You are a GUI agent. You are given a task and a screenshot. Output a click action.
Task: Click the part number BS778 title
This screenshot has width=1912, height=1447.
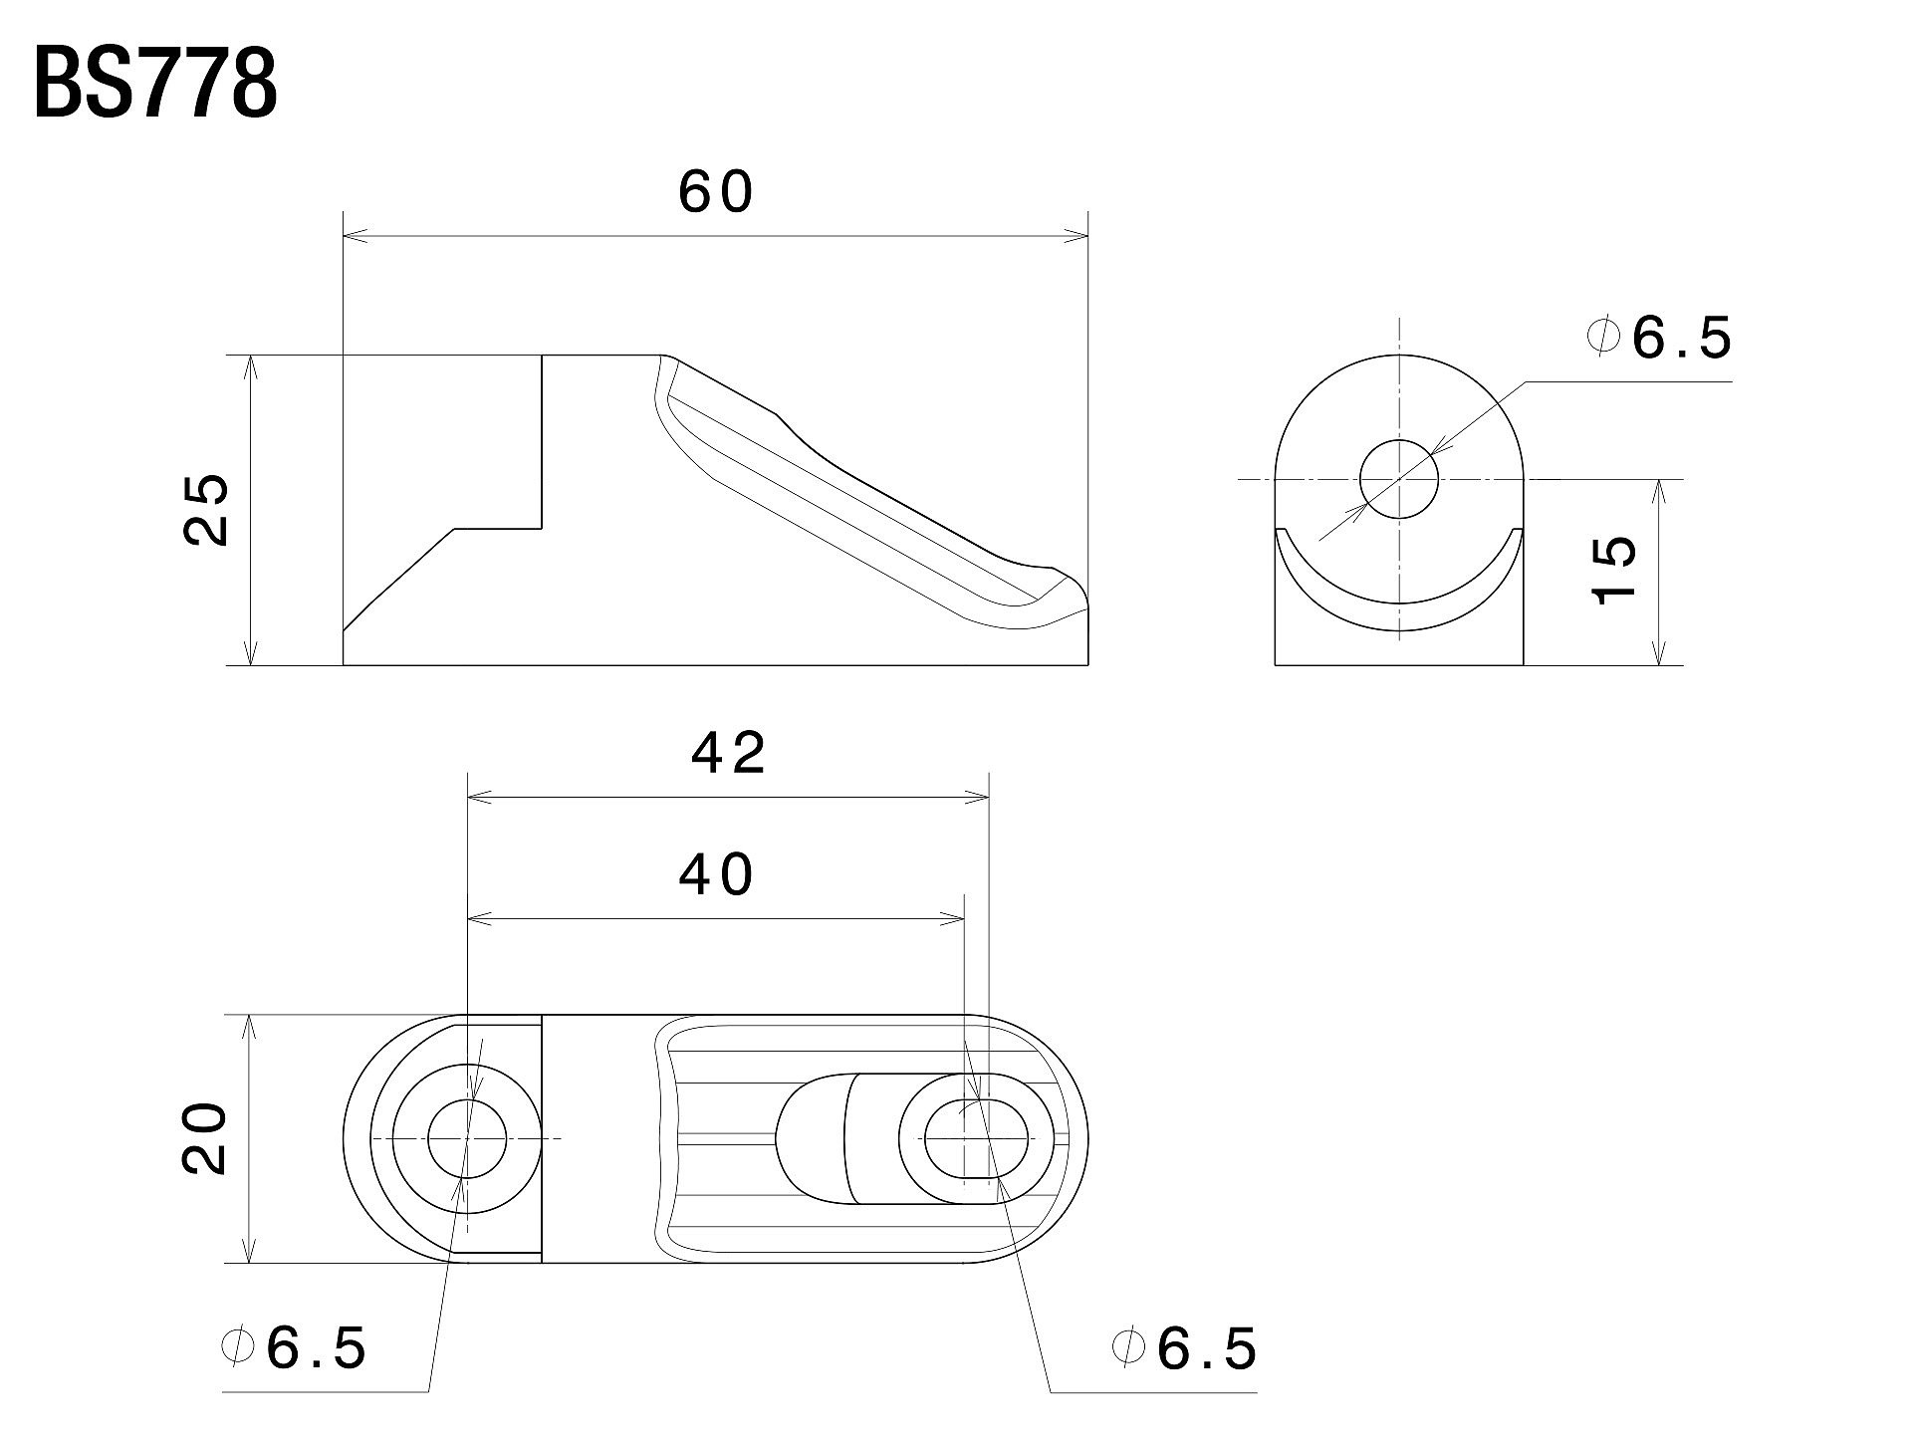[x=155, y=86]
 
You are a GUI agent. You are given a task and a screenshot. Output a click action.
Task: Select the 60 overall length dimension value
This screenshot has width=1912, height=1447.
[x=716, y=192]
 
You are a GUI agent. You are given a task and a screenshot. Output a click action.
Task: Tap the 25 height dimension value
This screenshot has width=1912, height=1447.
[x=207, y=509]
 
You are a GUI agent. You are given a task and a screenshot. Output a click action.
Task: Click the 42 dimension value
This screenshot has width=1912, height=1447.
[x=729, y=753]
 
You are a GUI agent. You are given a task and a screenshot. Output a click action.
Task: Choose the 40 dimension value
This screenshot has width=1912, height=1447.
[x=717, y=875]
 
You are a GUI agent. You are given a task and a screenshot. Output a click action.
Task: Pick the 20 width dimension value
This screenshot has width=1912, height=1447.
[x=207, y=1139]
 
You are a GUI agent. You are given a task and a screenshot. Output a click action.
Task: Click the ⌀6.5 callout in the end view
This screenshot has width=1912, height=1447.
[x=1659, y=340]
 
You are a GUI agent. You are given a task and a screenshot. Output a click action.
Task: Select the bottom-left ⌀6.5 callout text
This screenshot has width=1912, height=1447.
[x=295, y=1349]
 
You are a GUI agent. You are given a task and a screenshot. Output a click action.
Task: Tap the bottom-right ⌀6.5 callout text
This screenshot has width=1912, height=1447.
[x=1185, y=1349]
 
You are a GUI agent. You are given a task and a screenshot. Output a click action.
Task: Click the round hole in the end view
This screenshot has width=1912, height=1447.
[x=1399, y=479]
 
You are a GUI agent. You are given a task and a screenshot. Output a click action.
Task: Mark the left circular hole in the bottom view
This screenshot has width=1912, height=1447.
[x=467, y=1138]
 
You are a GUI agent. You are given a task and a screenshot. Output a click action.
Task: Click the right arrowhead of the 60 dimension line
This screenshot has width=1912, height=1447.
[x=1078, y=237]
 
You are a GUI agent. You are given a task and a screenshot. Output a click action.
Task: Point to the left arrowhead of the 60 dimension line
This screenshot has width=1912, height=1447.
[x=354, y=237]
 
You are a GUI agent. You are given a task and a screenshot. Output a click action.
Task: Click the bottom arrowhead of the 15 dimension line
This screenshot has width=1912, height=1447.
[x=1658, y=654]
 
